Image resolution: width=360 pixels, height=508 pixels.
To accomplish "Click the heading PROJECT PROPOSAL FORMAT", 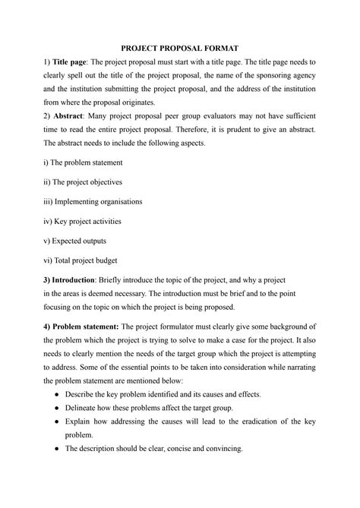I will pyautogui.click(x=180, y=47).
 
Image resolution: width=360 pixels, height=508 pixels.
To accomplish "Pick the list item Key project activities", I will pyautogui.click(x=83, y=222).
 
